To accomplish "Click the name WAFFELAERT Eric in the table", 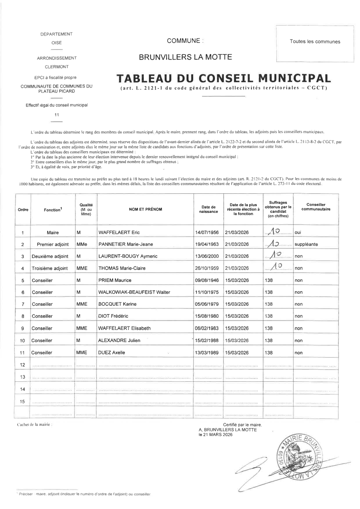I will tap(119, 232).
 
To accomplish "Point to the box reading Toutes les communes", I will tap(315, 42).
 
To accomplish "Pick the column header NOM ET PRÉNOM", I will tap(145, 209).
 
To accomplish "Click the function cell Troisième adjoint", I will tap(50, 269).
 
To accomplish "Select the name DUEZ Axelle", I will tap(112, 353).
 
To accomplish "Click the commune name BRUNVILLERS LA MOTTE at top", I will tap(185, 57).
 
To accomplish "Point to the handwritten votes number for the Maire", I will tap(275, 231).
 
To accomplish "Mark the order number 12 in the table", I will tap(22, 365).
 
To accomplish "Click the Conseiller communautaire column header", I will tap(316, 207).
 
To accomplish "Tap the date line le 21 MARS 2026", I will tap(216, 435).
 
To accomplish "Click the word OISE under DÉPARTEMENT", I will tap(56, 42).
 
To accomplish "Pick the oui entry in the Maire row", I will tap(298, 232).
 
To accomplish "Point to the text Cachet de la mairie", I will tap(34, 424).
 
